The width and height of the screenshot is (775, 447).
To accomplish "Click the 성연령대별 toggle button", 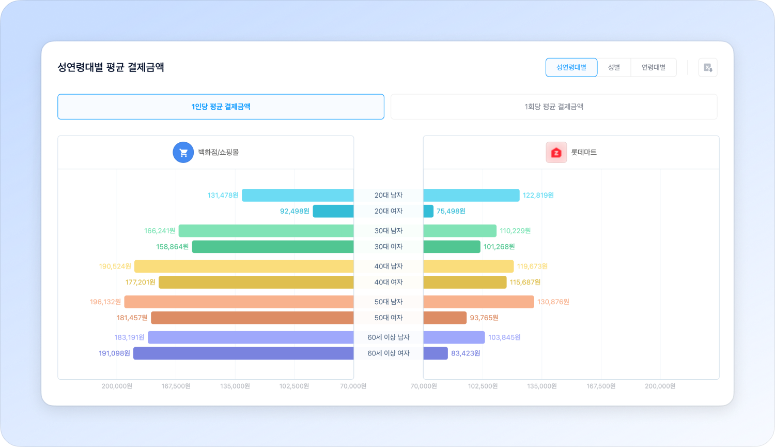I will coord(571,67).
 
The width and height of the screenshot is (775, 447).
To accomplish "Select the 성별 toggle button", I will coord(614,67).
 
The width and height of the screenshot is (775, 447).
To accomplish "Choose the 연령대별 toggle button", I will coord(653,67).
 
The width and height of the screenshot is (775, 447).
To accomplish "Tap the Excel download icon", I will coord(708,67).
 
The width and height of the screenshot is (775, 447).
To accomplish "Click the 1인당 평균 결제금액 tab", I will coord(221,107).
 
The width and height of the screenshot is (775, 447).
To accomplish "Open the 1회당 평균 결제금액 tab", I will coord(554,107).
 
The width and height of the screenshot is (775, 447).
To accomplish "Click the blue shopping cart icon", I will coord(183,153).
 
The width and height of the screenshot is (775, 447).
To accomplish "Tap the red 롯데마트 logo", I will coord(556,153).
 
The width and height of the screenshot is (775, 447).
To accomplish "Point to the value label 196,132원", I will coord(105,302).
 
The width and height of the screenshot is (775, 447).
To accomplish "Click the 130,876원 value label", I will coord(553,302).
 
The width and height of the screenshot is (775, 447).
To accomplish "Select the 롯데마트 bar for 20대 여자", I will coord(428,211).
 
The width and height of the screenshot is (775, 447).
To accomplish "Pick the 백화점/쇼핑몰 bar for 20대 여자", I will coord(333,211).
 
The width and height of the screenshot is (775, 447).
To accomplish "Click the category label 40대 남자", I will coord(389,266).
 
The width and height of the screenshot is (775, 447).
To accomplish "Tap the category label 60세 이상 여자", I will coord(389,353).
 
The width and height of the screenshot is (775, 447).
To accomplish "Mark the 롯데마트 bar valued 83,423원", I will coord(435,353).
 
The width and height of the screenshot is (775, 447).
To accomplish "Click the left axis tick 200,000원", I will coord(117,386).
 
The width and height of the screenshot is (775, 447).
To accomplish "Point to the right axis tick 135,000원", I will coord(542,386).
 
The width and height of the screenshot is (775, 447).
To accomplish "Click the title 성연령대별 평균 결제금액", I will coord(111,67).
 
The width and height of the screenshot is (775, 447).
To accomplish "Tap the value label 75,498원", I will coord(451,211).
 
